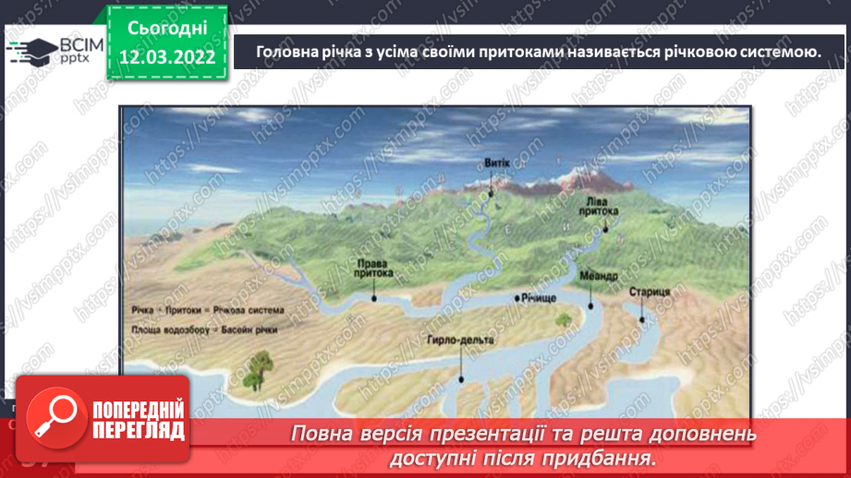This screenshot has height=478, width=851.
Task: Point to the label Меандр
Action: tap(600, 275)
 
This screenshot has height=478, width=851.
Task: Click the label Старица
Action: tap(649, 292)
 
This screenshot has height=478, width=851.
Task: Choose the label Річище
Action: tap(538, 299)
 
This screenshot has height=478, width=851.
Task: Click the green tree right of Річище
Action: tap(563, 319)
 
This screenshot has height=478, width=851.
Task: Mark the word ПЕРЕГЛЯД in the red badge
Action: tap(138, 431)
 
